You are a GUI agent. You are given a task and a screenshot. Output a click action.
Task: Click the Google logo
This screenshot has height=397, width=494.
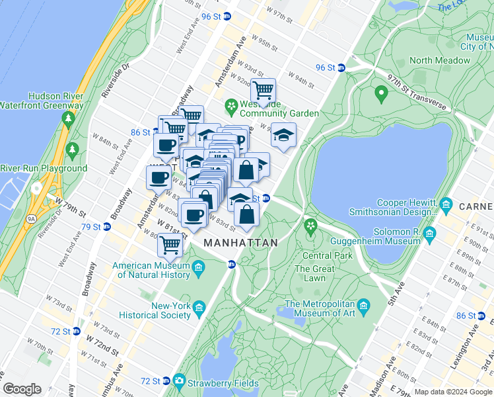(22, 388)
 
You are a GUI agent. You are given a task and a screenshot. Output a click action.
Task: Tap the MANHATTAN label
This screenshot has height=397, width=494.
(240, 243)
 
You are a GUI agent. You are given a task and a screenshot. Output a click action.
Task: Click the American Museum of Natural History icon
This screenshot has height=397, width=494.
(199, 268)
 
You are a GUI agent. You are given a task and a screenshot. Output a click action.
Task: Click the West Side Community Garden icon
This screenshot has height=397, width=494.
(231, 106)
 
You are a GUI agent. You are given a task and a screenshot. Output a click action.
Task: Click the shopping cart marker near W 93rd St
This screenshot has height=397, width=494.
(264, 90)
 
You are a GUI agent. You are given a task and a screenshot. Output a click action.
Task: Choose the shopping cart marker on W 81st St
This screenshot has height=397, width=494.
(170, 244)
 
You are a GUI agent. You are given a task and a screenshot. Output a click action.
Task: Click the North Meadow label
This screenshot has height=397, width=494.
(439, 60)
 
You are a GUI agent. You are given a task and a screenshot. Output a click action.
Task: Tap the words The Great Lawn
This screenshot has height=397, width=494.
(314, 273)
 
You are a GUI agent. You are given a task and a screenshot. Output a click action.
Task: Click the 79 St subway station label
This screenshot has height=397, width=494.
(90, 227)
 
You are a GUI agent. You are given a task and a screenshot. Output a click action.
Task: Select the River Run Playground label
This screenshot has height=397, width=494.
(44, 169)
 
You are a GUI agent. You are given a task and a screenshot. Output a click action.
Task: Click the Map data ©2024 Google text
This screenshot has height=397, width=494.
(452, 391)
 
